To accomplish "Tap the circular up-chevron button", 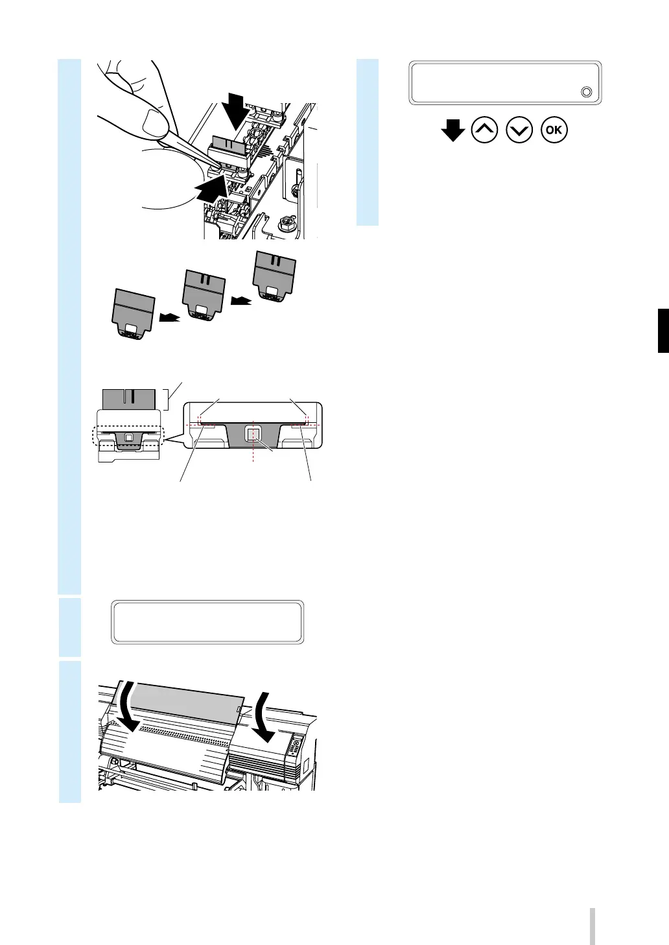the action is pyautogui.click(x=486, y=130).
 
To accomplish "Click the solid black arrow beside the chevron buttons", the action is pyautogui.click(x=452, y=132).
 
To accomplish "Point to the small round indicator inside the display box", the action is pyautogui.click(x=586, y=92).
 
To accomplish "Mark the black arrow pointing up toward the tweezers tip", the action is pyautogui.click(x=211, y=191).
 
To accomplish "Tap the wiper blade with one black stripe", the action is pyautogui.click(x=129, y=398).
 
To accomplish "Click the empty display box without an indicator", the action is pyautogui.click(x=207, y=622).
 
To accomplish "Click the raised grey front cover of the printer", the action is pyautogui.click(x=188, y=701).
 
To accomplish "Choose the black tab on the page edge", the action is pyautogui.click(x=663, y=331).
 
